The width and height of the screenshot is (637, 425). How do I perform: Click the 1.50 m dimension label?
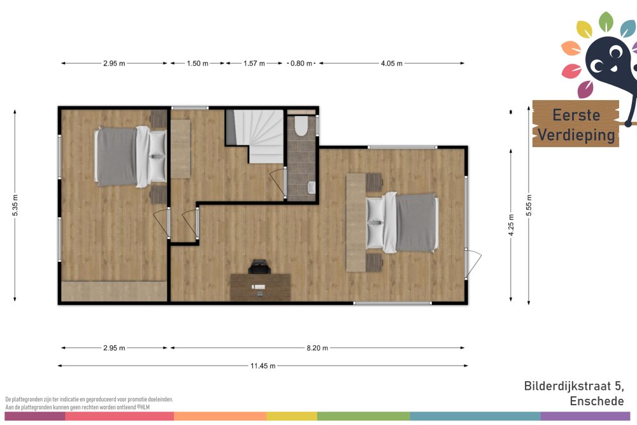pyautogui.click(x=197, y=63)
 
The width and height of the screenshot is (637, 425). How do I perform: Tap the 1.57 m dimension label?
pyautogui.click(x=254, y=63)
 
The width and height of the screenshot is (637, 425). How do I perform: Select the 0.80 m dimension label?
pyautogui.click(x=301, y=63)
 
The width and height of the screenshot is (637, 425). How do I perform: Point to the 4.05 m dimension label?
pyautogui.click(x=392, y=63)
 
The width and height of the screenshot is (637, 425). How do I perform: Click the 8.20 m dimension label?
pyautogui.click(x=317, y=348)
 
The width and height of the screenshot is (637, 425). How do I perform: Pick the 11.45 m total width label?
pyautogui.click(x=263, y=366)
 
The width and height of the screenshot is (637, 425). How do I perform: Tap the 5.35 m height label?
pyautogui.click(x=15, y=205)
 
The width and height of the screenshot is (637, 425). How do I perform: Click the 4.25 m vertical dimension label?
pyautogui.click(x=511, y=225)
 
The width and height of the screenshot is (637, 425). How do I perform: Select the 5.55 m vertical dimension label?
pyautogui.click(x=529, y=205)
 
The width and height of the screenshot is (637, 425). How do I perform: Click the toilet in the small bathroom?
pyautogui.click(x=301, y=126)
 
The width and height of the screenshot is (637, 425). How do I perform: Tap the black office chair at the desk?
pyautogui.click(x=259, y=267)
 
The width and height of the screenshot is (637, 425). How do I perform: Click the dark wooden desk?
pyautogui.click(x=261, y=287)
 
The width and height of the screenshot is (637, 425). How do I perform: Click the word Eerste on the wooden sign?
pyautogui.click(x=576, y=115)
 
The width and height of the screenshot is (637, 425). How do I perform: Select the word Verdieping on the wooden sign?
pyautogui.click(x=576, y=135)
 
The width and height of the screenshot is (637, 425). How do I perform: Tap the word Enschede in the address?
pyautogui.click(x=596, y=401)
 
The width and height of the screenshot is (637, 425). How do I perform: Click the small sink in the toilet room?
pyautogui.click(x=311, y=187)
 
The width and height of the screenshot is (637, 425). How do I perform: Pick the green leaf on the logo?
pyautogui.click(x=606, y=21)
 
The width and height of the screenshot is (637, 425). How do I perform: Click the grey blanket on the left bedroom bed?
pyautogui.click(x=117, y=157)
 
